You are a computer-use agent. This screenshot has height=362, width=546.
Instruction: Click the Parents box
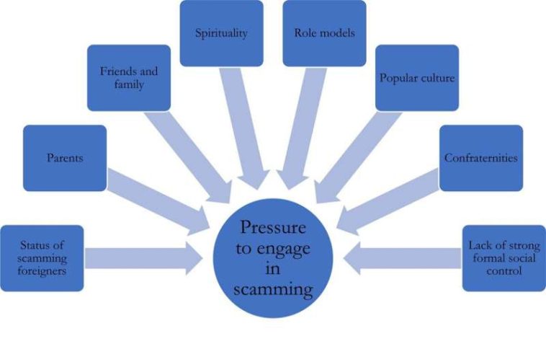tap(65, 158)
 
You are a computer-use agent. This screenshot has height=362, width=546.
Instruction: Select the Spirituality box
tap(221, 33)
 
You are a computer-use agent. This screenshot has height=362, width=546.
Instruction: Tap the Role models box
tap(324, 33)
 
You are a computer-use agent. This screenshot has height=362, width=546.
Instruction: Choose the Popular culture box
tap(418, 78)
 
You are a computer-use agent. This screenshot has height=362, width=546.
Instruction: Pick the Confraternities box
tap(480, 158)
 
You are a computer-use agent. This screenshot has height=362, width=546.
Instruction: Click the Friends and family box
tap(129, 78)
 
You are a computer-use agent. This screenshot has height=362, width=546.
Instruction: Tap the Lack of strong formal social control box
tap(504, 258)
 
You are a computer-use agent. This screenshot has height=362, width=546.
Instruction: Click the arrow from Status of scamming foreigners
tap(144, 258)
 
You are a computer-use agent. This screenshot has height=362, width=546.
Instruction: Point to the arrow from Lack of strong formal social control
tap(403, 258)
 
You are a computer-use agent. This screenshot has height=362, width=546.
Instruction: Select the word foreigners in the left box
tap(42, 272)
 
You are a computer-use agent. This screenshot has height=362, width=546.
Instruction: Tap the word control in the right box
tap(504, 272)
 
